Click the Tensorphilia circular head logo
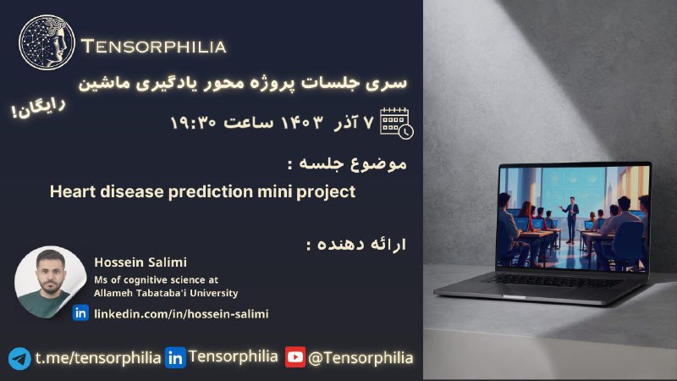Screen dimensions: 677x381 [x=47, y=42]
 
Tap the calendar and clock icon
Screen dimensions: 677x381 [x=396, y=123]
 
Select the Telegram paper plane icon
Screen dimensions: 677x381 [x=19, y=358]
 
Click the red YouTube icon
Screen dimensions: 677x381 [x=295, y=356]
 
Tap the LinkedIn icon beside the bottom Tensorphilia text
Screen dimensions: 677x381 [x=175, y=357]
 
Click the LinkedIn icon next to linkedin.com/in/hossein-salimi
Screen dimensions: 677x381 [x=80, y=312]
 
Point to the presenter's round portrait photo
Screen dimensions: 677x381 [x=51, y=282]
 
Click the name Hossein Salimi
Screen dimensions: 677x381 [x=140, y=262]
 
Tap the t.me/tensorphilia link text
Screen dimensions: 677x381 [x=98, y=357]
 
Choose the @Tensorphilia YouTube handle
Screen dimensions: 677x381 [x=361, y=357]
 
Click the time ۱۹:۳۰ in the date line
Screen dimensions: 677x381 [x=193, y=123]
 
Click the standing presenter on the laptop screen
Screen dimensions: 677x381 [x=571, y=218]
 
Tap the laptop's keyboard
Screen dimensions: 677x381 [x=553, y=281]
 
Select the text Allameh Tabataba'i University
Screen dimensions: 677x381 [x=166, y=293]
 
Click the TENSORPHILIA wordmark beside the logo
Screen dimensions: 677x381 [x=154, y=47]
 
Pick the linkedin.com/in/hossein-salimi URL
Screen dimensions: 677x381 [x=181, y=313]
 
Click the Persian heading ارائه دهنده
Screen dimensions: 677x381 [x=356, y=245]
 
